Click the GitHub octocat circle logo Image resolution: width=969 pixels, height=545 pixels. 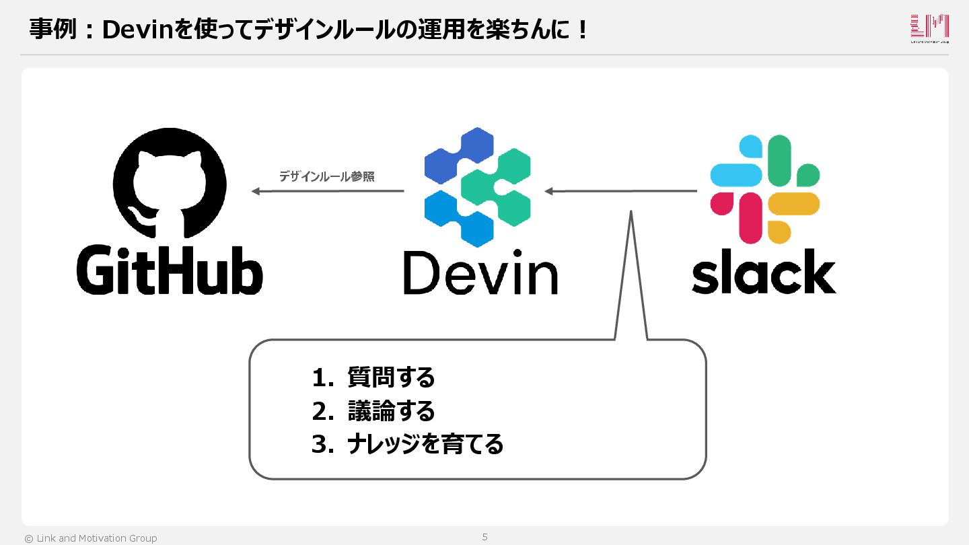pyautogui.click(x=170, y=184)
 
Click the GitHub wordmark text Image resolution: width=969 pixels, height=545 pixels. pyautogui.click(x=170, y=269)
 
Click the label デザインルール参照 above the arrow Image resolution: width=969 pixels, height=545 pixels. pyautogui.click(x=327, y=177)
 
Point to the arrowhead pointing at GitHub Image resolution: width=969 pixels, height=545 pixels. pyautogui.click(x=256, y=192)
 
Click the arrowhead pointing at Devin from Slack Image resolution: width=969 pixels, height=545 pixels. pyautogui.click(x=549, y=192)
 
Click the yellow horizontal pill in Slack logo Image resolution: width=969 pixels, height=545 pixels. pyautogui.click(x=794, y=203)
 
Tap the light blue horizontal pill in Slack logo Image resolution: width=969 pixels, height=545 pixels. pyautogui.click(x=736, y=175)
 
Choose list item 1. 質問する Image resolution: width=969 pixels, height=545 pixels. pyautogui.click(x=374, y=378)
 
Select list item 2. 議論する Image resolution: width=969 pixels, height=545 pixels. pyautogui.click(x=374, y=411)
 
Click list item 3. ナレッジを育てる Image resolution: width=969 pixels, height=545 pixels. pyautogui.click(x=408, y=444)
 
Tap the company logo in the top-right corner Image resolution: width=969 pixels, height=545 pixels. pyautogui.click(x=929, y=28)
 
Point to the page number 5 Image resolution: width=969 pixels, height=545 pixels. pyautogui.click(x=485, y=537)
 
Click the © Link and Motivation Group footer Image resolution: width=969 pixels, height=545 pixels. pyautogui.click(x=91, y=538)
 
